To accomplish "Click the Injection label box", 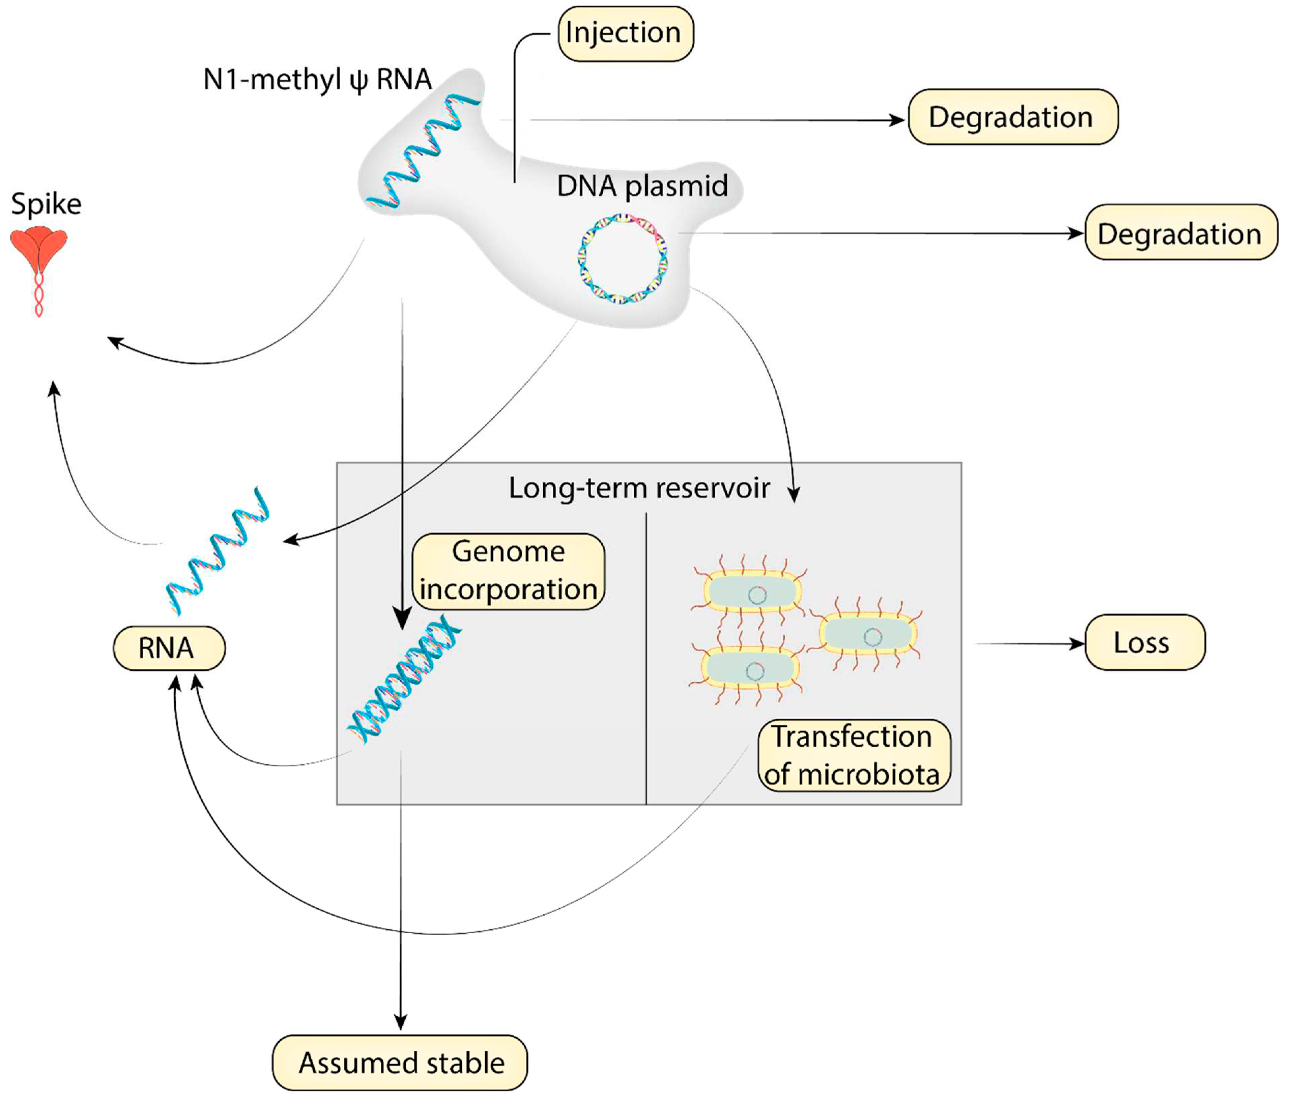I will click(x=625, y=34).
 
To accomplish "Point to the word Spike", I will click(x=46, y=204).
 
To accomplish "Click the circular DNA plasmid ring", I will click(x=622, y=258).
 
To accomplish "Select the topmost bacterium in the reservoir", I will click(x=752, y=592).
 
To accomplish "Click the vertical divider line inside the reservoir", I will click(x=646, y=656).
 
